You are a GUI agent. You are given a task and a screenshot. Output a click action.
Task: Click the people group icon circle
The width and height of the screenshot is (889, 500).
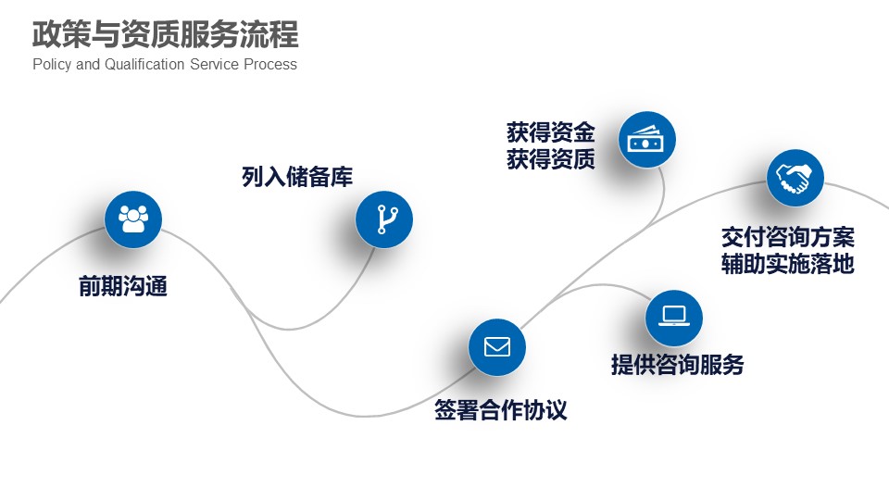point(133,219)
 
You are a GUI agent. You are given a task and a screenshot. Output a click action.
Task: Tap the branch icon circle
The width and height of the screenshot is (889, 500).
point(383,219)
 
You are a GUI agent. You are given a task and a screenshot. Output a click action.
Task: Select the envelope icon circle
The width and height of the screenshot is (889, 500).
point(496,347)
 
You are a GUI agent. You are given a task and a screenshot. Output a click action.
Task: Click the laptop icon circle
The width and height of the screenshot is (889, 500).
point(673,318)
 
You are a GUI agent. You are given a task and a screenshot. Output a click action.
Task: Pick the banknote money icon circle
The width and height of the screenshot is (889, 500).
point(647,140)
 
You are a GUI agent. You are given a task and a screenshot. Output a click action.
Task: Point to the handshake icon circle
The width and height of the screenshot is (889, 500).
point(795,178)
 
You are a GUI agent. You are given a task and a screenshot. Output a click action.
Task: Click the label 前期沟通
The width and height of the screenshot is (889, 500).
point(123,286)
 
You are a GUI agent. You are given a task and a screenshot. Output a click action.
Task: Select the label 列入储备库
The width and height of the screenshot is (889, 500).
point(297,176)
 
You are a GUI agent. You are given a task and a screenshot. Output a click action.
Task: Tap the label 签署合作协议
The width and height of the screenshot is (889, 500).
point(501,409)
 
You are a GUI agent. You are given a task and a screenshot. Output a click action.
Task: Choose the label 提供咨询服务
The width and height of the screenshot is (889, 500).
point(678,364)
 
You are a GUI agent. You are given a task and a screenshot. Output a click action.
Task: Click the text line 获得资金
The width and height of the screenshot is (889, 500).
point(551,132)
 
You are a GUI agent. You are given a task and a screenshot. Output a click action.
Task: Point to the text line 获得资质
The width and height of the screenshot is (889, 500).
point(551,159)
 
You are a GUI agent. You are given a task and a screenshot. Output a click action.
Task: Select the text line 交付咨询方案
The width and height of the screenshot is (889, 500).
point(788,237)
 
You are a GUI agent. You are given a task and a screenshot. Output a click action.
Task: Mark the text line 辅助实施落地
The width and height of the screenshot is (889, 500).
point(788,264)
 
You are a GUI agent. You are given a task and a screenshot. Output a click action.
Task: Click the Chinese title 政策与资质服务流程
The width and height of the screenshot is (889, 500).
point(166,34)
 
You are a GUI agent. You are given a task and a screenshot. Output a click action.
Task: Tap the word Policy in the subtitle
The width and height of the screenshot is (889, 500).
point(52,65)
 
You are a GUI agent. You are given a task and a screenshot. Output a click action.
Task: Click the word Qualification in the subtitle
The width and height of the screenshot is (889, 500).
point(144,64)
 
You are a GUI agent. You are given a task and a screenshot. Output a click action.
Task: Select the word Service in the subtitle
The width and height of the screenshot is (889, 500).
point(214,64)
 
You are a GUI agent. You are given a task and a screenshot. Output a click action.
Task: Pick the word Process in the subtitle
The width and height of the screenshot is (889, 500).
point(270,64)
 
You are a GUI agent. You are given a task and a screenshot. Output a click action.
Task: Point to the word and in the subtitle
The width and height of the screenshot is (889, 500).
point(88,64)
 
